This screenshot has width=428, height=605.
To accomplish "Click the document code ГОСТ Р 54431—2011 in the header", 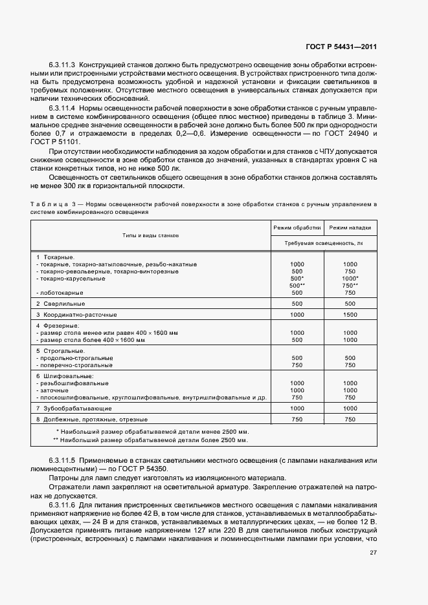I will (x=342, y=47).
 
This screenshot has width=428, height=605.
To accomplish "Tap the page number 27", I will (x=373, y=553).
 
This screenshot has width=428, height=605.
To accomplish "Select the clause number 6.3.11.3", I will (x=62, y=66).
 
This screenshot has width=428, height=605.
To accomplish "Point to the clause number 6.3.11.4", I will (x=62, y=107).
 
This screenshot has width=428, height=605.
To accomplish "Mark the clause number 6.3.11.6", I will (x=62, y=502).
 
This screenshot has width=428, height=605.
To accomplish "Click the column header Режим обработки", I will (x=297, y=228).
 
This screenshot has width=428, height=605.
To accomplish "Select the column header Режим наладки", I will (x=350, y=228).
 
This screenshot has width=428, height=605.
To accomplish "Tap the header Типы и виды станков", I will (x=150, y=236).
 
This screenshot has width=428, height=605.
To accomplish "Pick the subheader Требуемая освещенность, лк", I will (x=323, y=243).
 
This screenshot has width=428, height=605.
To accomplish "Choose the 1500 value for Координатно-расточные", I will (x=350, y=314).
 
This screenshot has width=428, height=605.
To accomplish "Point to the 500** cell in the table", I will (x=297, y=285).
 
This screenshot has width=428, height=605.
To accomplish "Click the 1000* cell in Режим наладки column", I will (x=350, y=278).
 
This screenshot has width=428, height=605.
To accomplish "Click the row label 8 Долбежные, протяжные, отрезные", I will (x=92, y=419).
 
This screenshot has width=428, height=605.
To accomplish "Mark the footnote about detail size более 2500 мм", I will (x=150, y=440).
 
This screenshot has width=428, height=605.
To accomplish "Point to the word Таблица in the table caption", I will (x=48, y=204).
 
